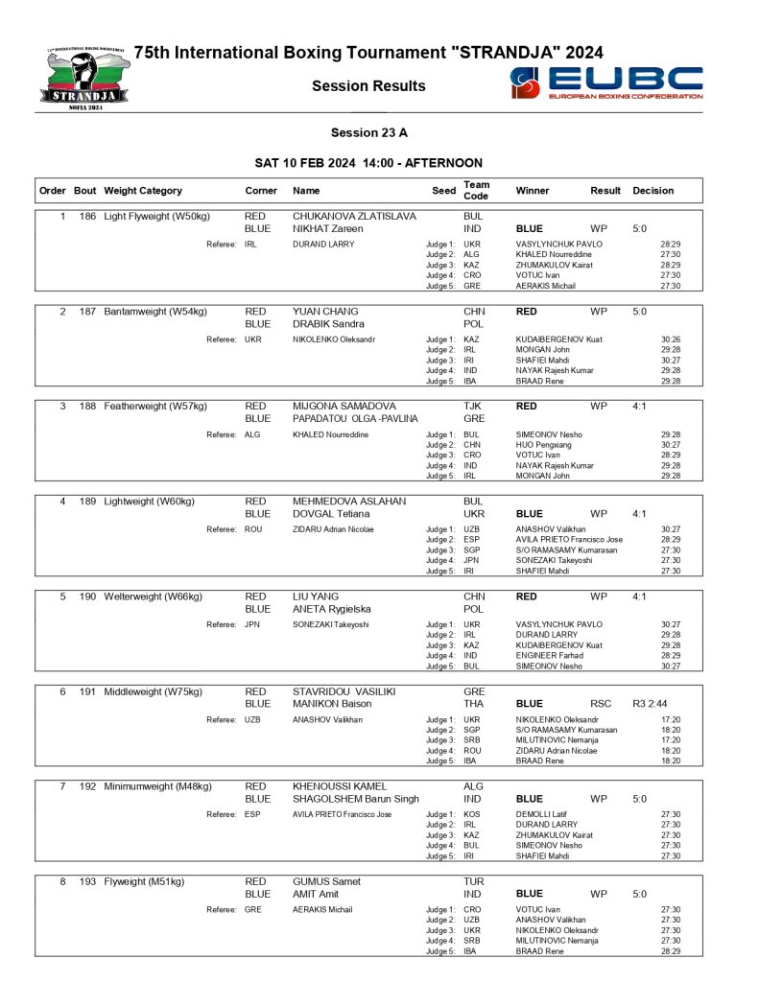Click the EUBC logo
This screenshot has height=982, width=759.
coord(606,84)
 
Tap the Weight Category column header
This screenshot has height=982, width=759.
coord(143,191)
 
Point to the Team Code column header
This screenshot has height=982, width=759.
coord(476,190)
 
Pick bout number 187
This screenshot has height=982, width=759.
coord(86,312)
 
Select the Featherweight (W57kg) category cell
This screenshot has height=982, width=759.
coord(154,407)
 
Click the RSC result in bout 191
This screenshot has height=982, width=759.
coord(601,704)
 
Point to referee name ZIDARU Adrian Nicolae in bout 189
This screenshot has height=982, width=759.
coord(333,529)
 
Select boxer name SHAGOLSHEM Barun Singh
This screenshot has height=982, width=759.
coord(355,799)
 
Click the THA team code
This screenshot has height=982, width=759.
coord(474,704)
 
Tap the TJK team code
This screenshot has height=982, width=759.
coord(474,407)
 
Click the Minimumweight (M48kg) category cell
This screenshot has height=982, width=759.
coord(158,786)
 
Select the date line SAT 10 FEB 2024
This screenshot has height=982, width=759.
coord(368,163)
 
